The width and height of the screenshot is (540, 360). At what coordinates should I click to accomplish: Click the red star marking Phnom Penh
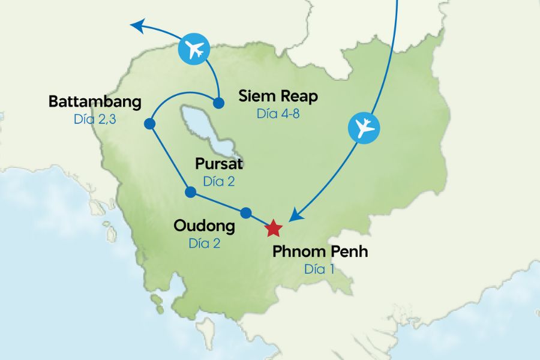[273, 228]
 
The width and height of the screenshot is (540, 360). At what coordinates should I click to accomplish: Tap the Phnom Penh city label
[320, 251]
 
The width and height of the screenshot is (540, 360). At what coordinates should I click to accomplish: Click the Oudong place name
[204, 226]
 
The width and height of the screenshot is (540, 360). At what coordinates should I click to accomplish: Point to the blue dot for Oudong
[245, 212]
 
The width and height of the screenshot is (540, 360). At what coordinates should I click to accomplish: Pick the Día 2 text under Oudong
[205, 243]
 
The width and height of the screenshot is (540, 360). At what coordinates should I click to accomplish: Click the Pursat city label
[219, 164]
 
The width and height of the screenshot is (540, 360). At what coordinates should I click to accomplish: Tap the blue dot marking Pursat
[190, 192]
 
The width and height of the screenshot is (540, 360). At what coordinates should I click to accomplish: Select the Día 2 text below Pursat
[219, 181]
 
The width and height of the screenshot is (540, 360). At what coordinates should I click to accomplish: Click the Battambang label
[95, 101]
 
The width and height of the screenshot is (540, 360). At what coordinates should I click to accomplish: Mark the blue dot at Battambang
[150, 124]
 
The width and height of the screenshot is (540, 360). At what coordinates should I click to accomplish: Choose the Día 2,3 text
[95, 119]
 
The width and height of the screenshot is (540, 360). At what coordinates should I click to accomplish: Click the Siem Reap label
[278, 96]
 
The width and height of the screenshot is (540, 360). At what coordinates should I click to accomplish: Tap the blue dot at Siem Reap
[219, 101]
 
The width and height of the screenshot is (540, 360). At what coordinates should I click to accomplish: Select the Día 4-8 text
[278, 113]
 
